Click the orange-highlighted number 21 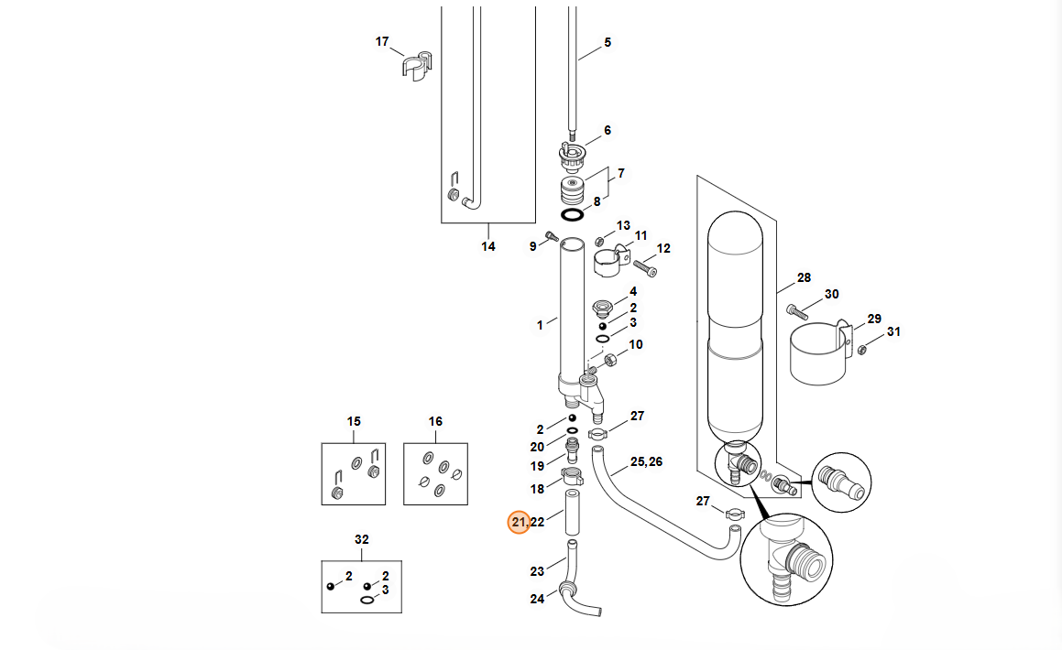pyautogui.click(x=519, y=522)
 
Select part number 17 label pyautogui.click(x=382, y=42)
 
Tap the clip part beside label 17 pyautogui.click(x=417, y=66)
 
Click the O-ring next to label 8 pyautogui.click(x=573, y=215)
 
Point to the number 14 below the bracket pyautogui.click(x=488, y=247)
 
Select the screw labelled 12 pyautogui.click(x=645, y=268)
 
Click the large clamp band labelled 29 pyautogui.click(x=819, y=354)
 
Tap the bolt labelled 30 pyautogui.click(x=798, y=312)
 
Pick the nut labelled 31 pyautogui.click(x=862, y=350)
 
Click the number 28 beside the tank pyautogui.click(x=804, y=278)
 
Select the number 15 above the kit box pyautogui.click(x=354, y=421)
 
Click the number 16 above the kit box pyautogui.click(x=435, y=421)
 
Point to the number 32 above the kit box pyautogui.click(x=362, y=540)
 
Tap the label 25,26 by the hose pyautogui.click(x=646, y=462)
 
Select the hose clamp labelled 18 pyautogui.click(x=573, y=476)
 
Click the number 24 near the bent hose pyautogui.click(x=537, y=600)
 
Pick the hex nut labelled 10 pyautogui.click(x=609, y=360)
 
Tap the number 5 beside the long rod pyautogui.click(x=608, y=43)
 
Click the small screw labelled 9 pyautogui.click(x=552, y=236)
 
